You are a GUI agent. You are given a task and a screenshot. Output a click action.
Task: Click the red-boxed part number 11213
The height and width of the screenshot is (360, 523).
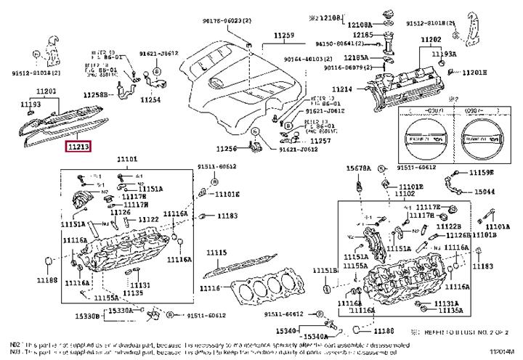coord(78,146)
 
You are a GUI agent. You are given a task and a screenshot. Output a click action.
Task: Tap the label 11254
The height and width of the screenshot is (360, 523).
coord(150,99)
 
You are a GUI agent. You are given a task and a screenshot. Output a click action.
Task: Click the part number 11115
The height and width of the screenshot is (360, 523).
coord(216,252)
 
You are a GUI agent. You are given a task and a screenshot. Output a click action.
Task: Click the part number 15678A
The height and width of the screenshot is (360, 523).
coord(357,168)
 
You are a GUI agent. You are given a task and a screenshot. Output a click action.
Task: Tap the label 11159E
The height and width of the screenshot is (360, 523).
coord(479,172)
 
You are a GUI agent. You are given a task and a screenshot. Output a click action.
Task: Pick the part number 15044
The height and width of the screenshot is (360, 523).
coord(485,191)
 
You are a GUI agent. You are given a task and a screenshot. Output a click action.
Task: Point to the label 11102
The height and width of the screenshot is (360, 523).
coord(405,194)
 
